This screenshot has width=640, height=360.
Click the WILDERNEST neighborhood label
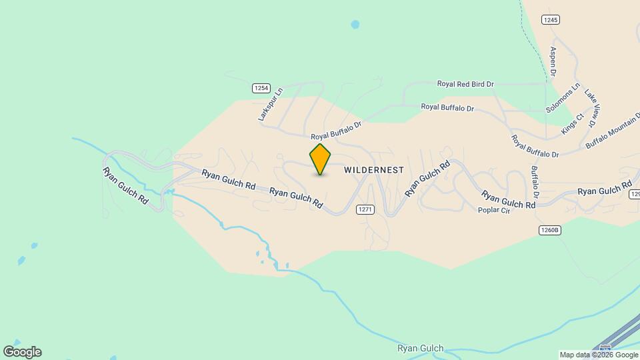pyautogui.click(x=373, y=170)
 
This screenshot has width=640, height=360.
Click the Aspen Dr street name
pyautogui.click(x=553, y=61)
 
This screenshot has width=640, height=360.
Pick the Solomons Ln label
pyautogui.click(x=563, y=99)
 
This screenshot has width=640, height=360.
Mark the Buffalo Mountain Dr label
pyautogui.click(x=613, y=131)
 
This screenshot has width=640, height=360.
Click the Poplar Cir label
pyautogui.click(x=494, y=211)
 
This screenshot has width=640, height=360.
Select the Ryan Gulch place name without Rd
pyautogui.click(x=420, y=349)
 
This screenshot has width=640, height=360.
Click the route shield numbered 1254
pyautogui.click(x=261, y=88)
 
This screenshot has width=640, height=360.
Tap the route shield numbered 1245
pyautogui.click(x=550, y=20)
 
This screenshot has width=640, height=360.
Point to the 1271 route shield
pyautogui.click(x=365, y=209)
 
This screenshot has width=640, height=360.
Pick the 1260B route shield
pyautogui.click(x=551, y=230)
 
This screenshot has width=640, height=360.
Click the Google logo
pyautogui.click(x=22, y=351)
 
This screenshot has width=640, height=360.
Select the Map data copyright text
pyautogui.click(x=599, y=355)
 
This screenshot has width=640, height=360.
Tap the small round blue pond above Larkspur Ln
pyautogui.click(x=355, y=25)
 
